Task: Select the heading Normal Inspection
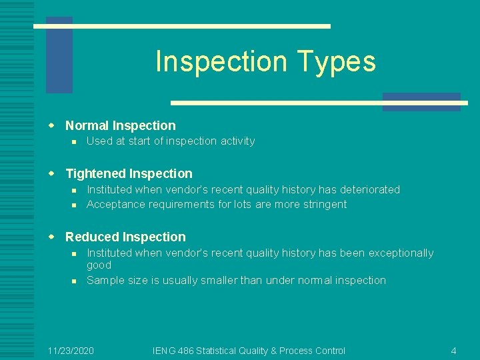[120, 125]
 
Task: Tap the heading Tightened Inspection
[129, 173]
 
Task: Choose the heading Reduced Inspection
[125, 237]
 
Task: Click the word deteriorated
[369, 189]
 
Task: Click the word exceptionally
[399, 253]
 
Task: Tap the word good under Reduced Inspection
[99, 265]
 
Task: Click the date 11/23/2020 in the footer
[71, 351]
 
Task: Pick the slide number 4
[453, 351]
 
